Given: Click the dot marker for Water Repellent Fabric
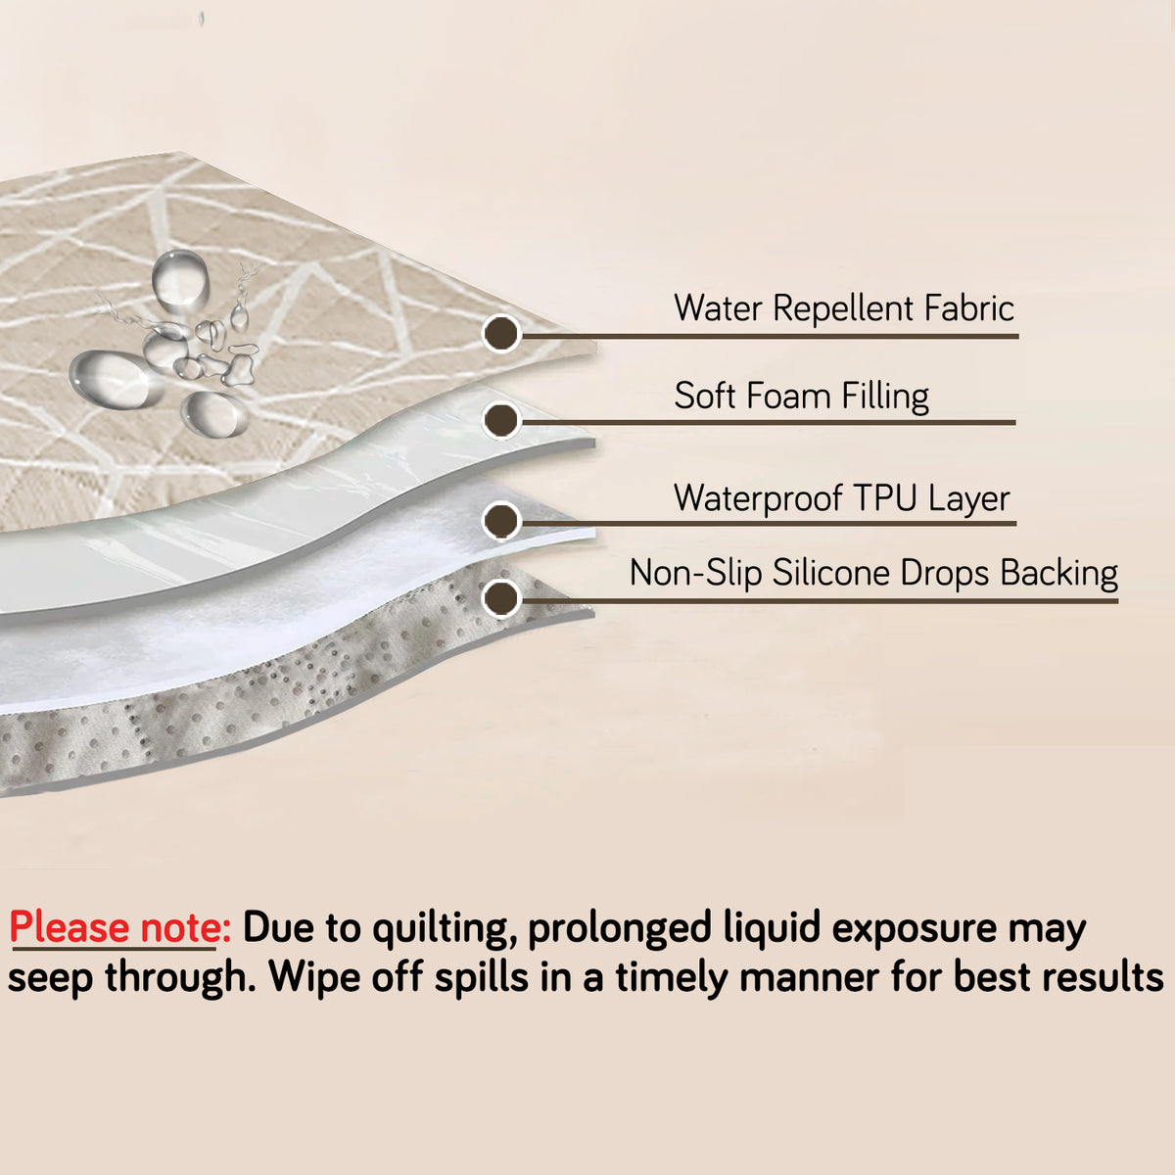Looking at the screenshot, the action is click(x=501, y=334).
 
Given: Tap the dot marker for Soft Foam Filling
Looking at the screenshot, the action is click(x=501, y=419).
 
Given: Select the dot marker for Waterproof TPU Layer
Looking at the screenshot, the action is click(x=501, y=520).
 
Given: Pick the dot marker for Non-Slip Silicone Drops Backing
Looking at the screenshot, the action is click(x=501, y=598).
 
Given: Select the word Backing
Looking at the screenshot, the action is click(x=1059, y=575).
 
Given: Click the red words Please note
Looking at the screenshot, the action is click(x=120, y=927).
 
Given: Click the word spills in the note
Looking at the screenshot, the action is click(x=482, y=979).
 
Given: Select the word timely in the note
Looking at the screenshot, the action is click(x=673, y=979).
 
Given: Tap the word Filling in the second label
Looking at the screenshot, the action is click(x=885, y=397).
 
